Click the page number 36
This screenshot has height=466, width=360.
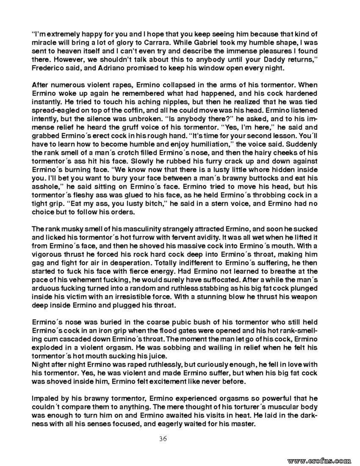pos(163,438)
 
